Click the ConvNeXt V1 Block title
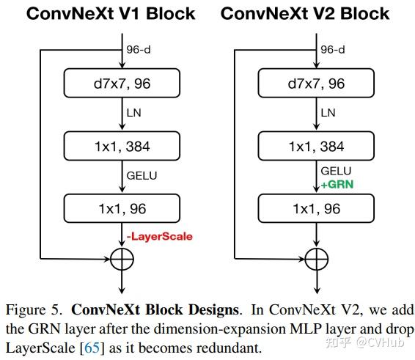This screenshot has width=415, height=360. (111, 13)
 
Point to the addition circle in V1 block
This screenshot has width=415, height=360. (122, 258)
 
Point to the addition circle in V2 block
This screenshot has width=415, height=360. (317, 258)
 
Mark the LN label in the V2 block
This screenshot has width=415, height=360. (328, 113)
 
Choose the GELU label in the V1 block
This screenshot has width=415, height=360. (142, 176)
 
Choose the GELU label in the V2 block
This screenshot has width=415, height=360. (337, 172)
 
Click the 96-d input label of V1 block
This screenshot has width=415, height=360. (140, 50)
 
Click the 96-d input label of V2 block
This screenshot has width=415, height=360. (334, 50)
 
